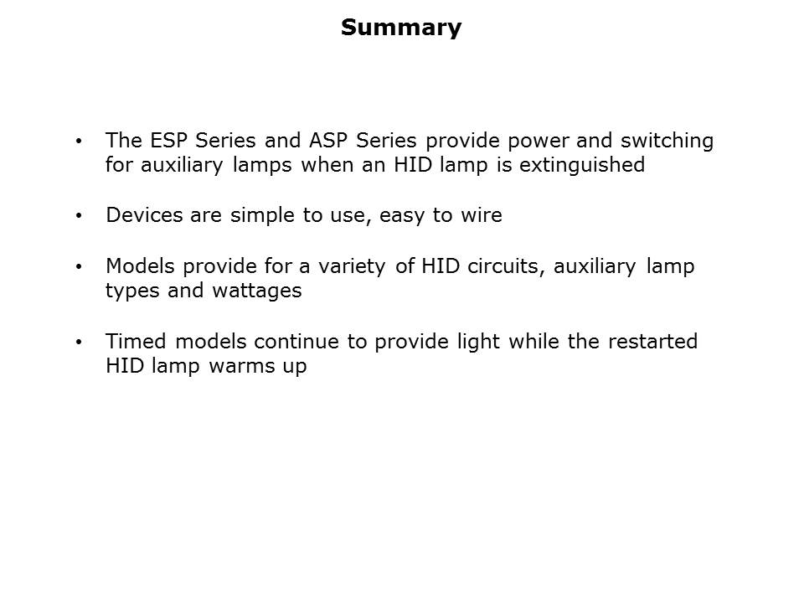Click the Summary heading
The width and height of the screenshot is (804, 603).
pyautogui.click(x=401, y=28)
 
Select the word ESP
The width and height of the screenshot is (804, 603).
pyautogui.click(x=168, y=141)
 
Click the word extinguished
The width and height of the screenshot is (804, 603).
pyautogui.click(x=582, y=166)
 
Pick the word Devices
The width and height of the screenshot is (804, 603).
pyautogui.click(x=144, y=215)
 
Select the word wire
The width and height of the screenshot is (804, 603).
pyautogui.click(x=482, y=215)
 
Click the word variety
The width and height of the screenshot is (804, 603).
pyautogui.click(x=352, y=267)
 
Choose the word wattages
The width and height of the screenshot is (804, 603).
pyautogui.click(x=257, y=291)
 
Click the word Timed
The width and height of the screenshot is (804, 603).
pyautogui.click(x=137, y=342)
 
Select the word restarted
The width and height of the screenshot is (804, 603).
pyautogui.click(x=652, y=342)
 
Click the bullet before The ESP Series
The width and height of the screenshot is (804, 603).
pyautogui.click(x=79, y=141)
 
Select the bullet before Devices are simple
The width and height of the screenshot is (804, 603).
pyautogui.click(x=79, y=216)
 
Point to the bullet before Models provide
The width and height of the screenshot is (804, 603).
pyautogui.click(x=79, y=266)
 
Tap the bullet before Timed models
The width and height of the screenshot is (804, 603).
pyautogui.click(x=79, y=342)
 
